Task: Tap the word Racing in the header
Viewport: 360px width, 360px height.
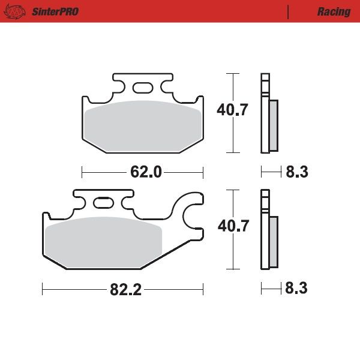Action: point(334,11)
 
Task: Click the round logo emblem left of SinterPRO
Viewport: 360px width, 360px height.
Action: point(17,11)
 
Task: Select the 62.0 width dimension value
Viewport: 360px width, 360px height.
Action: point(146,172)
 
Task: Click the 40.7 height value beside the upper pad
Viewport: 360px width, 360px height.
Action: point(232,110)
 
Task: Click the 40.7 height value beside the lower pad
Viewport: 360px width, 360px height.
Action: point(232,226)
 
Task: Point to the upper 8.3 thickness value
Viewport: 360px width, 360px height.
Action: point(296,172)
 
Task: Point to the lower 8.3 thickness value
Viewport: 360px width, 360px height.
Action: point(296,289)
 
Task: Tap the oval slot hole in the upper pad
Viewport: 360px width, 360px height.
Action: point(142,88)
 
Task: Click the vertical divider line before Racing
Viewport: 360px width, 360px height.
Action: point(289,11)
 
